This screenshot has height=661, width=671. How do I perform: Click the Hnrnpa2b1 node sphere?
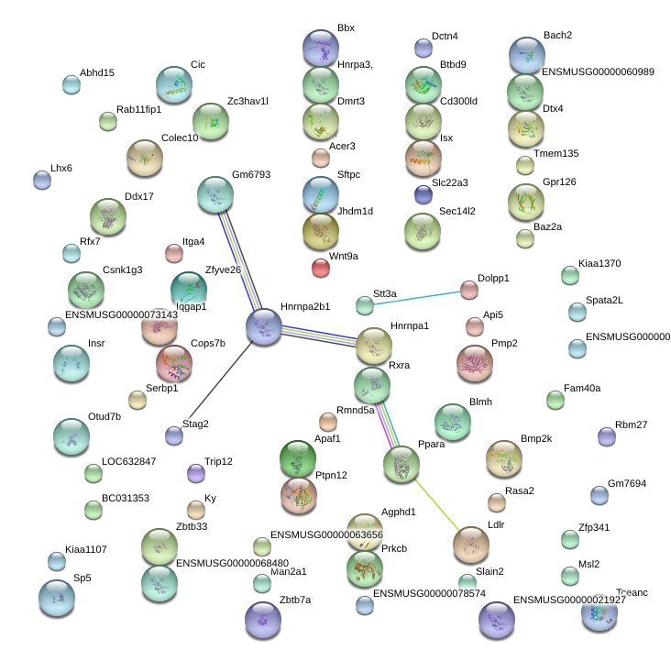point(264,327)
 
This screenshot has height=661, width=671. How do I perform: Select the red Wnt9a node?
point(321,268)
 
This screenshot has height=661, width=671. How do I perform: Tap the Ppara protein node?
point(401,465)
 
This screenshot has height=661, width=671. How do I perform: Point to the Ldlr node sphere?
point(471,545)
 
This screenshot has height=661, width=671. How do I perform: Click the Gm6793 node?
point(215,194)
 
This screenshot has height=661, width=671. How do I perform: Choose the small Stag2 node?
point(174,435)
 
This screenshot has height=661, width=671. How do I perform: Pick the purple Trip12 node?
point(196,473)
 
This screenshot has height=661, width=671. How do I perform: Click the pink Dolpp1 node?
point(469,290)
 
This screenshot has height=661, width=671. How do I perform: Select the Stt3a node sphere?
point(365,305)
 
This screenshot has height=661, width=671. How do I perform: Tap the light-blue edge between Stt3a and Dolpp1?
point(417,298)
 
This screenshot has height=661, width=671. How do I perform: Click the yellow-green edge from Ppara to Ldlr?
point(436,505)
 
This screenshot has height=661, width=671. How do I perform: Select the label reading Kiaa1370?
point(599,263)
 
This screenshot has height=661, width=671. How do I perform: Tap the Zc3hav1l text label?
point(247,101)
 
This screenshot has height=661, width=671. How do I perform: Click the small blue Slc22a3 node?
point(423,194)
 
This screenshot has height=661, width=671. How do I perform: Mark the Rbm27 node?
point(607,436)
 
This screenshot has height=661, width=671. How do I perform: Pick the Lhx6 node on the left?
point(42,180)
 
